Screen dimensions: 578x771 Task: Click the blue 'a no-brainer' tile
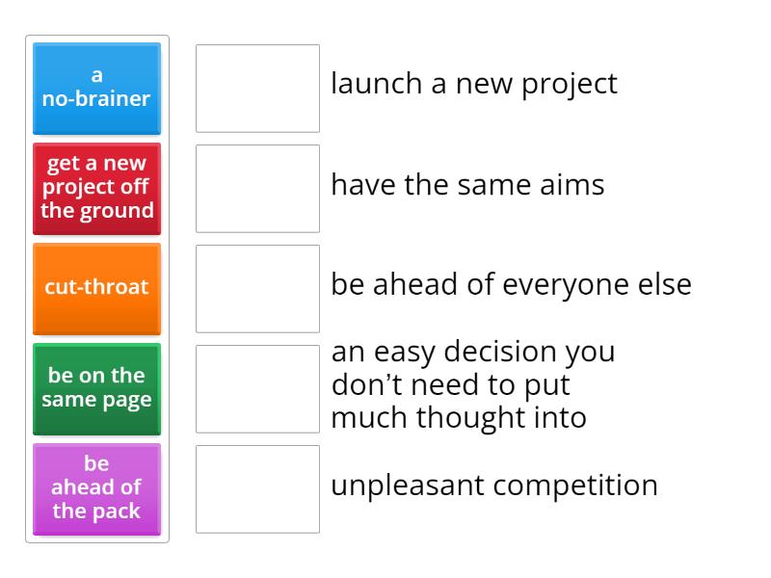96,88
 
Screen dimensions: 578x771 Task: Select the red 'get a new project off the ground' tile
96,188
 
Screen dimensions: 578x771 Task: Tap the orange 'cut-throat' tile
96,288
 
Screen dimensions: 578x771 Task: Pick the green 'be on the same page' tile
96,388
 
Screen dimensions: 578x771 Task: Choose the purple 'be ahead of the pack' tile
96,488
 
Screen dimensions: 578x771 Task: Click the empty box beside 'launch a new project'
257,88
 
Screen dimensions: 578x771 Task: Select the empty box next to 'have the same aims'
257,188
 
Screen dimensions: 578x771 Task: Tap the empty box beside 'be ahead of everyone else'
257,288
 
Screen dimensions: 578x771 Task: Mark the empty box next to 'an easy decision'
257,388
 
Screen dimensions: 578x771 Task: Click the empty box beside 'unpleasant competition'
257,488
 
